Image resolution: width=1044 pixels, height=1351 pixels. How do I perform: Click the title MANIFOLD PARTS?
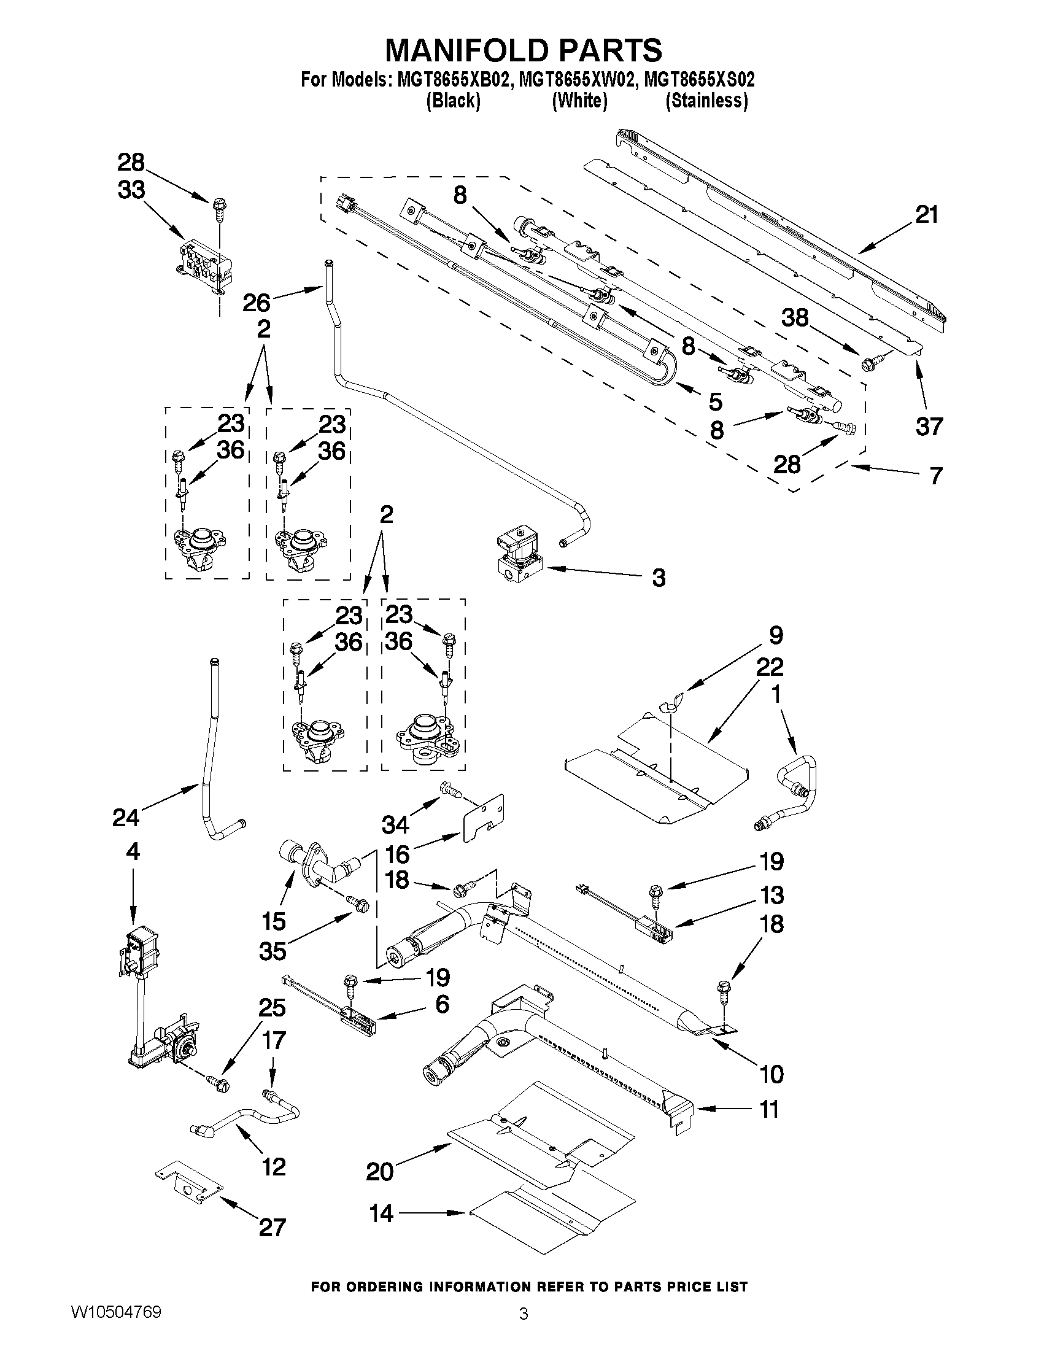click(x=524, y=50)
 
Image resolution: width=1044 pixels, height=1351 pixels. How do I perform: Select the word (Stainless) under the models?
click(x=706, y=100)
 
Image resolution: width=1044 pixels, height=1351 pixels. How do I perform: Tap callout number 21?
click(x=927, y=215)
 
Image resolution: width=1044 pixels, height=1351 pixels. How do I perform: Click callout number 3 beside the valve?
click(x=659, y=578)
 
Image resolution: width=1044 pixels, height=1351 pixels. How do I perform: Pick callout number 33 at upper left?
click(x=131, y=190)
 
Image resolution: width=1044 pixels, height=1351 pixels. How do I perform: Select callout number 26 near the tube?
click(x=257, y=303)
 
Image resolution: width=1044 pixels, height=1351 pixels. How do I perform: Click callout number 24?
click(x=126, y=818)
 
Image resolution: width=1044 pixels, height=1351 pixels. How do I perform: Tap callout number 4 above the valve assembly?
click(x=133, y=852)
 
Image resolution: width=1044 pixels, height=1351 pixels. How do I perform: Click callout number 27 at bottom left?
click(x=272, y=1226)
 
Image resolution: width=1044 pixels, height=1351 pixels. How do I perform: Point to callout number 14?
click(x=381, y=1213)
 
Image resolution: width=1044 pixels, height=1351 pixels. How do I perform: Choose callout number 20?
click(x=379, y=1171)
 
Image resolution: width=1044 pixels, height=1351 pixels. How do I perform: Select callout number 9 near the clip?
click(x=776, y=635)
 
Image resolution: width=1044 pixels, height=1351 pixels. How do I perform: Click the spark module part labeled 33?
click(x=204, y=266)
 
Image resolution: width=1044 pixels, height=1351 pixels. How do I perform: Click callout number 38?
click(x=795, y=318)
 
